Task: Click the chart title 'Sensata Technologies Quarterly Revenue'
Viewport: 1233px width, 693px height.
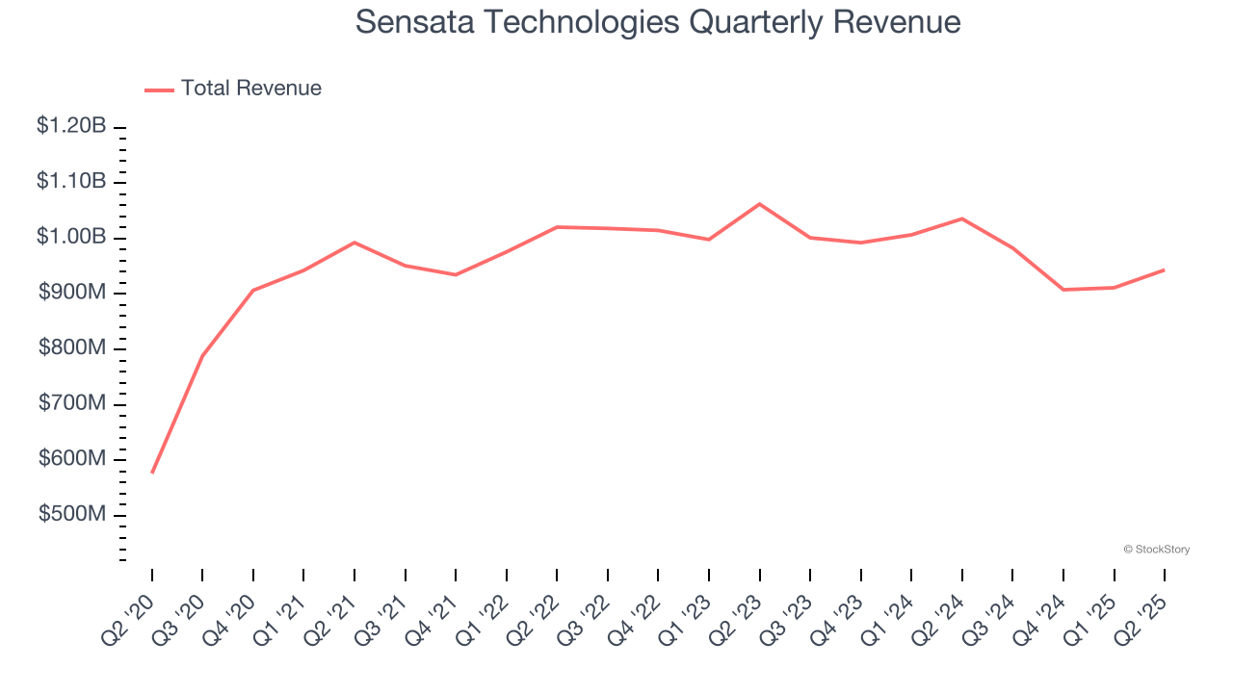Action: [658, 22]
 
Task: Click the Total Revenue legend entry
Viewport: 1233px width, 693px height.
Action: [233, 89]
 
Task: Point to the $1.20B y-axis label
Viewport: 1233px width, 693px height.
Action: [71, 126]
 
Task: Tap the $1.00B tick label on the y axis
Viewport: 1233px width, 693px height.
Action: [71, 238]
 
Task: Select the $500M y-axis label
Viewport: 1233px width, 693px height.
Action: [72, 515]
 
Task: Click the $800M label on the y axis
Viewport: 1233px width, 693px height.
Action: [72, 348]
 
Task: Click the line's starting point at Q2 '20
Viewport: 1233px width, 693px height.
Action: [152, 473]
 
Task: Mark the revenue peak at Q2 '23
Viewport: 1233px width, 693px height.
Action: [760, 204]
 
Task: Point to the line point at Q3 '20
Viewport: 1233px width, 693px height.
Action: [202, 355]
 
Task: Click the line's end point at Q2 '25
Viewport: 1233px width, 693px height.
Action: [1164, 269]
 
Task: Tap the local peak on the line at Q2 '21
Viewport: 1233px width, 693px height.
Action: [354, 243]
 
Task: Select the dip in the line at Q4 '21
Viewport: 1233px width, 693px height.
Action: [456, 274]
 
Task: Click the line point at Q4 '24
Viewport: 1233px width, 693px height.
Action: [1063, 290]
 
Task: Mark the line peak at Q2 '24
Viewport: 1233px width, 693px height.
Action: [961, 218]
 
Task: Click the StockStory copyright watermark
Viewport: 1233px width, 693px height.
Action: [1156, 550]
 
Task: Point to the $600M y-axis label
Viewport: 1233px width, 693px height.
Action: [72, 459]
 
